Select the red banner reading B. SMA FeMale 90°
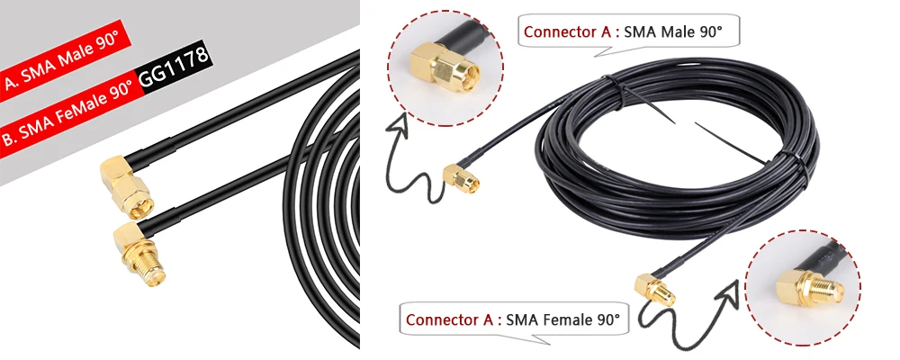click(70, 110)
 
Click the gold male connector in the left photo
click(125, 186)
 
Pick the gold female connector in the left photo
click(139, 253)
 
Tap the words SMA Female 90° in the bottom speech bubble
click(563, 319)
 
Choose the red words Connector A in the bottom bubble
click(450, 319)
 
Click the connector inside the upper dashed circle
click(446, 66)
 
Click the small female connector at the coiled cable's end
click(654, 290)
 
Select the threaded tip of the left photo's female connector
click(153, 276)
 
